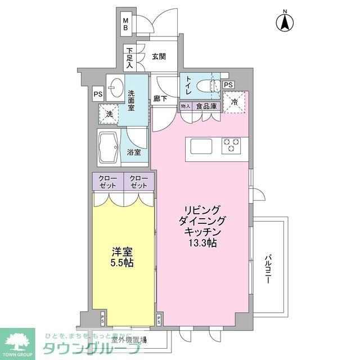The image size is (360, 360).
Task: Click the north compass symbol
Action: pyautogui.click(x=285, y=22)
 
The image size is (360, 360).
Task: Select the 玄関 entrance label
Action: pyautogui.click(x=159, y=56)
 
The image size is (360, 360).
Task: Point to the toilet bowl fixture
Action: pyautogui.click(x=213, y=87)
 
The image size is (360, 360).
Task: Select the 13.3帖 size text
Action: pyautogui.click(x=200, y=244)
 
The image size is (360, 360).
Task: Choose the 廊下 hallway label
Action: pyautogui.click(x=160, y=99)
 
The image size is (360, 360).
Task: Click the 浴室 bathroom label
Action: pyautogui.click(x=134, y=152)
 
